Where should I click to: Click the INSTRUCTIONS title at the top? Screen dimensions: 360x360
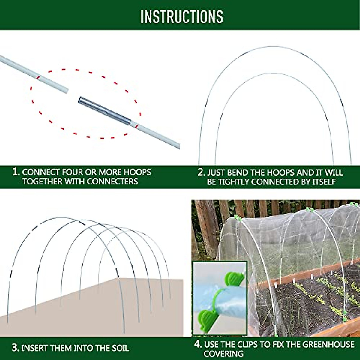182,16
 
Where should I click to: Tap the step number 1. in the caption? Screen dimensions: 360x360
16,172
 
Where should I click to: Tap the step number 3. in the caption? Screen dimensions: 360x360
16,348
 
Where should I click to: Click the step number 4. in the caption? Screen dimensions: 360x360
198,344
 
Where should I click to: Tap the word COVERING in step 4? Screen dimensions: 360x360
223,354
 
